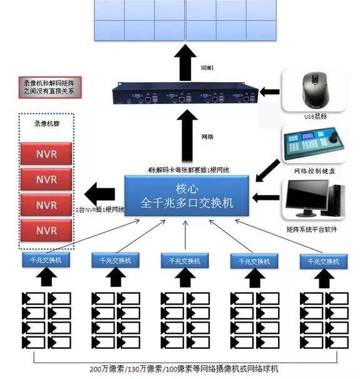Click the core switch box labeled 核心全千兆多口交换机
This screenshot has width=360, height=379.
click(187, 196)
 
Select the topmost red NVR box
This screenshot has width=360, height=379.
click(46, 153)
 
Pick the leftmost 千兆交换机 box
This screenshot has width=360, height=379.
click(46, 260)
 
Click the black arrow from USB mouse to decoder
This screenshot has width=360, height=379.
click(270, 92)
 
